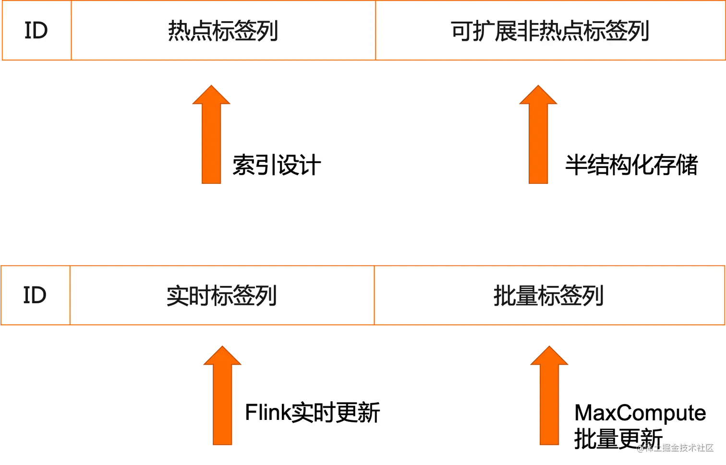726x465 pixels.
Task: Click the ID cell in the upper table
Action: click(x=36, y=31)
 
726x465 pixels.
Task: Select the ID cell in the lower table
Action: click(x=35, y=295)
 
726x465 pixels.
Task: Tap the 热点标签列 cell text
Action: click(x=223, y=31)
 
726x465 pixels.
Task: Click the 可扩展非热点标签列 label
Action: click(x=549, y=31)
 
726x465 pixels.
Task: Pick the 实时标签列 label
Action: click(x=221, y=296)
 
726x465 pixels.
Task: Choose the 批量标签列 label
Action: click(x=548, y=296)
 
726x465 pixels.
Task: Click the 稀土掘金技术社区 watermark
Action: click(x=675, y=447)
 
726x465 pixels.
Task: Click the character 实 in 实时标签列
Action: click(x=177, y=296)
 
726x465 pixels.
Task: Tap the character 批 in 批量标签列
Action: click(x=504, y=296)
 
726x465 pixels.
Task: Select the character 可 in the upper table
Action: click(x=461, y=31)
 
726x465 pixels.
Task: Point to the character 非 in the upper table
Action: click(x=528, y=31)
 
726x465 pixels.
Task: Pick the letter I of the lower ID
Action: click(x=26, y=295)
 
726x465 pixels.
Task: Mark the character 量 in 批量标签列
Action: click(x=526, y=296)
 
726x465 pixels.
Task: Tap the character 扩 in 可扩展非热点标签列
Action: click(x=484, y=31)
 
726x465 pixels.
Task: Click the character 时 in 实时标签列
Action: click(x=199, y=296)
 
